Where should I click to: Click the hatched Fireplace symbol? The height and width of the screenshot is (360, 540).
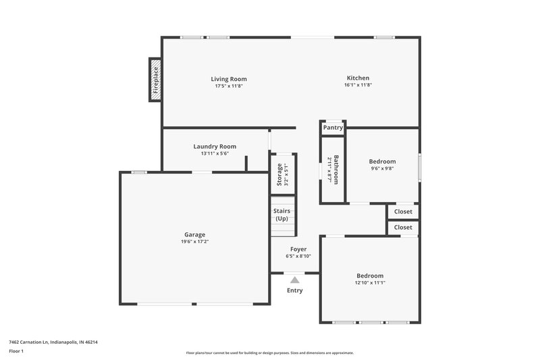(155, 80)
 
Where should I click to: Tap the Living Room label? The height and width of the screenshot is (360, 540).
(229, 78)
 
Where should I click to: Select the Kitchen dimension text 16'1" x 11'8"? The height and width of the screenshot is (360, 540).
(358, 85)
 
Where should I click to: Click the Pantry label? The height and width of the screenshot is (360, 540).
(333, 128)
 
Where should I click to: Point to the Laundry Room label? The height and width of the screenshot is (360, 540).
(215, 147)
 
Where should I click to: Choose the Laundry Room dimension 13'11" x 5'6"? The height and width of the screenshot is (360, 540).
(215, 154)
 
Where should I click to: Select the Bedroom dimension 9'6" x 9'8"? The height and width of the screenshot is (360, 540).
(382, 169)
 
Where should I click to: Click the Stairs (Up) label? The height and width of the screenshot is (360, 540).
(281, 215)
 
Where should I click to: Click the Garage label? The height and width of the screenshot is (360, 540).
(194, 234)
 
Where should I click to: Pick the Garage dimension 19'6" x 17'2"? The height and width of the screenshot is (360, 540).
(194, 242)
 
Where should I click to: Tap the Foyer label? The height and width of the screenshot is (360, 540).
(298, 249)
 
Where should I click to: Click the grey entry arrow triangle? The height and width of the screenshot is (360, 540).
(294, 279)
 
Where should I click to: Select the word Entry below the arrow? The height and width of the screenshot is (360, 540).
(295, 290)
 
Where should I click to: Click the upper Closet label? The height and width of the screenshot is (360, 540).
(403, 212)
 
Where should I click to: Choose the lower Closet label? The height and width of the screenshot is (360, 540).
(403, 228)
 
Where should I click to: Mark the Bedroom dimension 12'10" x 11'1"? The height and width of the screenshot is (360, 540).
(370, 283)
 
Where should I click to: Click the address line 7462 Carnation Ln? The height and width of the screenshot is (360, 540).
(53, 342)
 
